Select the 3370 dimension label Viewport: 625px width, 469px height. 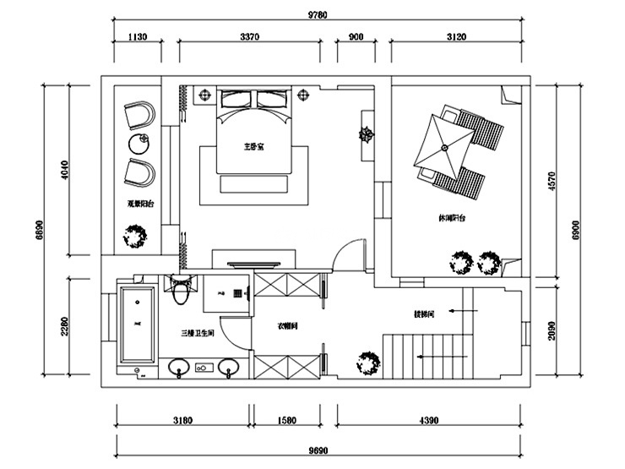click(x=248, y=36)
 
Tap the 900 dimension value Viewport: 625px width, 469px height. click(x=356, y=36)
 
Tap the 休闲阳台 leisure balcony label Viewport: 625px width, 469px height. click(x=451, y=218)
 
